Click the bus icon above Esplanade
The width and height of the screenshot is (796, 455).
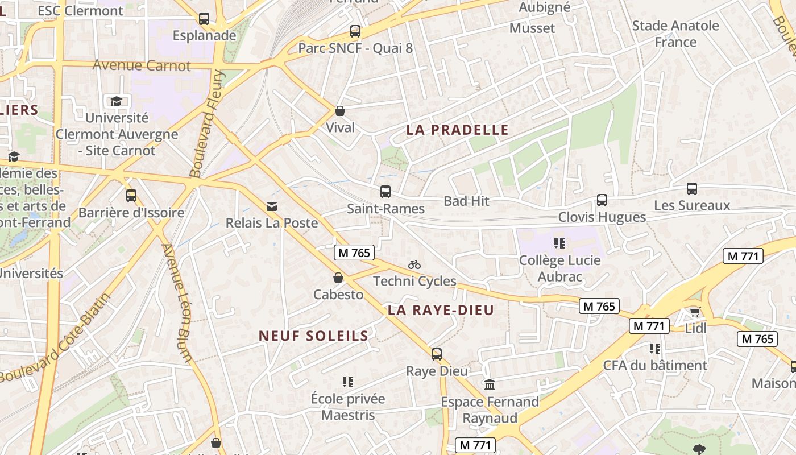point(204,18)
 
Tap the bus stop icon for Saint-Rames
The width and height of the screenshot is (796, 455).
point(385,192)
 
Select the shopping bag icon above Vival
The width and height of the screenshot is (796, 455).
point(340,110)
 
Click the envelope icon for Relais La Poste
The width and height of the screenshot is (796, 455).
point(272,206)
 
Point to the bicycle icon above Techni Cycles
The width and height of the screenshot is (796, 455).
point(414,264)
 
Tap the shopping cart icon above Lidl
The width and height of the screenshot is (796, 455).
point(695,312)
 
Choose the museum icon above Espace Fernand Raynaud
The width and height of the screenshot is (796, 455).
point(490,385)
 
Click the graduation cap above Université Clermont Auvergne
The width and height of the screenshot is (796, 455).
point(116,101)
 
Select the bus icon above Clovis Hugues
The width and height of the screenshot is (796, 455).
point(602,200)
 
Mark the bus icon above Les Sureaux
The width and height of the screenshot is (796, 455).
point(692,189)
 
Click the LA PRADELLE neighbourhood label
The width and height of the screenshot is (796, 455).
point(457,130)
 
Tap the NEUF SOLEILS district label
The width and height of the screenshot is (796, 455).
point(314,336)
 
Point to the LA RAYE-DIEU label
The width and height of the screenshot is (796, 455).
point(441,310)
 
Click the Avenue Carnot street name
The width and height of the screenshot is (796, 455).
point(142,65)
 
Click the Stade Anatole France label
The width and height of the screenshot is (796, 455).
point(675,34)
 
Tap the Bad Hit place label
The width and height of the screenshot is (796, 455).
point(466,201)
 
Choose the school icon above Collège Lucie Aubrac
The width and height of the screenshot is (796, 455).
point(559,243)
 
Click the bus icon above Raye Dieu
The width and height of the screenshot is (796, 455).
point(437,354)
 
